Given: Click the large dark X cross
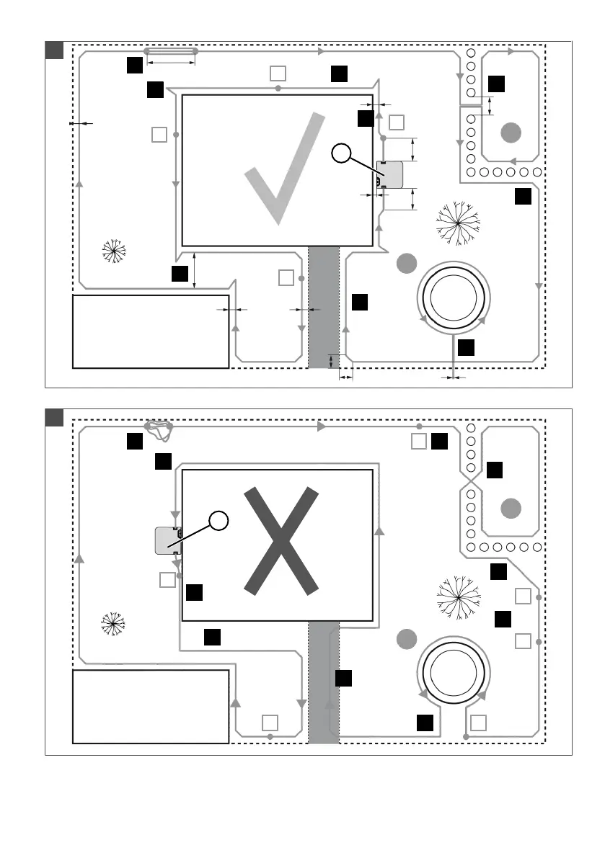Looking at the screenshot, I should click(281, 541).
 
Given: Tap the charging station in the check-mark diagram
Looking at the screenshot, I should click(390, 175).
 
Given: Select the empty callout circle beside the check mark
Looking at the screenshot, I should click(342, 153).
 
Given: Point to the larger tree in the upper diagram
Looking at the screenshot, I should click(458, 223).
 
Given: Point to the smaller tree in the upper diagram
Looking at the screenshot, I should click(113, 250).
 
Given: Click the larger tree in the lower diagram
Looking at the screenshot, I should click(458, 597).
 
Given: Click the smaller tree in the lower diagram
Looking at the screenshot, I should click(113, 623).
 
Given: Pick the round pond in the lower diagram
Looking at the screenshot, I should click(455, 674).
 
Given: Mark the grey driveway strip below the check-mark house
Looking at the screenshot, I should click(324, 307).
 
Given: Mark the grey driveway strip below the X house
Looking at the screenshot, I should click(324, 682).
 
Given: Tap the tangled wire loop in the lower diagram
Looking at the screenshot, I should click(159, 429).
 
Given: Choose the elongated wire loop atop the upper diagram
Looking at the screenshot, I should click(171, 51).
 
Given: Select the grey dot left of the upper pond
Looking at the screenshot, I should click(407, 264).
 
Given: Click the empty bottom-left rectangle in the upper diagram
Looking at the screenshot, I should click(151, 331).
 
